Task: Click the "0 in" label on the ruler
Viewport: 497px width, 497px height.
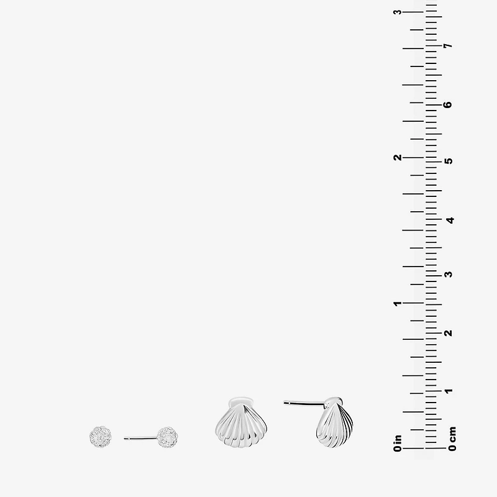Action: coord(398,443)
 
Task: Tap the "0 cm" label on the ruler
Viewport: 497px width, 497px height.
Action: coord(452,439)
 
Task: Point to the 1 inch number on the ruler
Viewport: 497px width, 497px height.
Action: coord(398,304)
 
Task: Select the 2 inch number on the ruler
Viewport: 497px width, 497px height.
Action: coord(398,158)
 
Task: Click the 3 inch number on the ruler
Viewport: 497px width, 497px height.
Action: coord(398,12)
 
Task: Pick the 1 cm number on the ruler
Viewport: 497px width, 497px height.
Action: coord(449,391)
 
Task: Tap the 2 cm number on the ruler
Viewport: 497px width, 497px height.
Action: coord(449,333)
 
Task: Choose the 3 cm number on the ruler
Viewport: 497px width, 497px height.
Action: coord(449,274)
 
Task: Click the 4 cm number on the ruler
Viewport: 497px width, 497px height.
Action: coord(450,220)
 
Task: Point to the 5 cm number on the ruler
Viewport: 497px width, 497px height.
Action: coord(449,161)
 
